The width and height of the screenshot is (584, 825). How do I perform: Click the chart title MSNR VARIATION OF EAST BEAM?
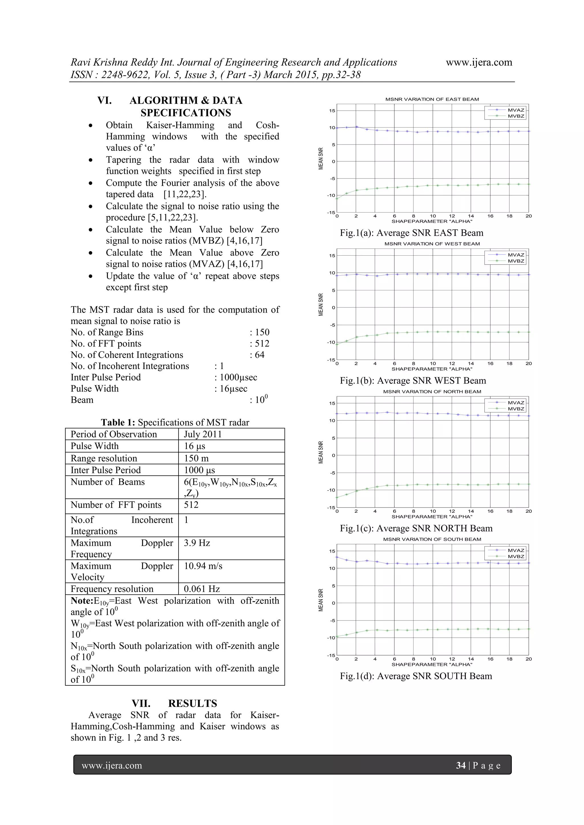pyautogui.click(x=432, y=99)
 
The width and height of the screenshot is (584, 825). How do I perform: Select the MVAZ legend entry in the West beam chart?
pyautogui.click(x=516, y=255)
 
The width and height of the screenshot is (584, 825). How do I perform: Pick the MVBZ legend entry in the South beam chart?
pyautogui.click(x=516, y=557)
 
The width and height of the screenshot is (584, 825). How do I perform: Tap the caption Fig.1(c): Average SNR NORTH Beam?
pyautogui.click(x=416, y=528)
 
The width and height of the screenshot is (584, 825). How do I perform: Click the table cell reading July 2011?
pyautogui.click(x=202, y=434)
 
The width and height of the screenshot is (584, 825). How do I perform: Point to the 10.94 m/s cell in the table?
pyautogui.click(x=203, y=566)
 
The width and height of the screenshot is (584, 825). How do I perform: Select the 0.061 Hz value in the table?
pyautogui.click(x=201, y=589)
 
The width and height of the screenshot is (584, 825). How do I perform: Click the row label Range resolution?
pyautogui.click(x=104, y=458)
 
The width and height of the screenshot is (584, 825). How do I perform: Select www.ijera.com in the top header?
pyautogui.click(x=479, y=62)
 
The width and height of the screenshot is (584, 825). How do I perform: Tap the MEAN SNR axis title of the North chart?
pyautogui.click(x=321, y=452)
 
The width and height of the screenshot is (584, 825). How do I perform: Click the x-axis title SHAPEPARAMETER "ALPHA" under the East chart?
pyautogui.click(x=432, y=221)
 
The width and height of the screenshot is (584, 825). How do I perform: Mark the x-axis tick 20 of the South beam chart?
pyautogui.click(x=528, y=659)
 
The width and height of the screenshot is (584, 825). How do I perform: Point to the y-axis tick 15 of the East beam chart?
pyautogui.click(x=332, y=111)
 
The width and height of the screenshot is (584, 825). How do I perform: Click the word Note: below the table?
pyautogui.click(x=82, y=601)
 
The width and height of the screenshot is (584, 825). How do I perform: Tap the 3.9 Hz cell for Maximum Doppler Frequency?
pyautogui.click(x=197, y=543)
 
